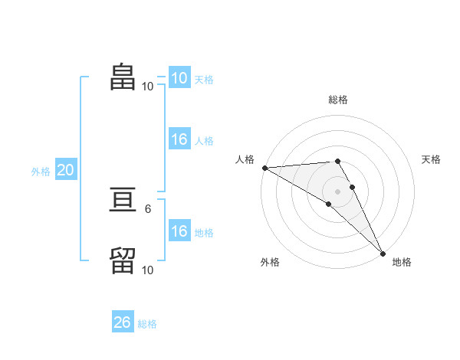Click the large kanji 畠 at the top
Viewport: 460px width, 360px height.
coord(123,77)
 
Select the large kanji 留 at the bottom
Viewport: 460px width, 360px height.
coord(123,260)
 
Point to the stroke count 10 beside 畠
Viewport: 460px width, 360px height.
coord(147,86)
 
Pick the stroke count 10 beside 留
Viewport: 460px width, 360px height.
coord(147,270)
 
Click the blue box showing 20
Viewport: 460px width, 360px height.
coord(65,171)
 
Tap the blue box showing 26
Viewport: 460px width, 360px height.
coord(122,322)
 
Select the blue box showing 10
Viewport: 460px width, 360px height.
coord(179,78)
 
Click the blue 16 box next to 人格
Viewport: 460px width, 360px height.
coord(179,140)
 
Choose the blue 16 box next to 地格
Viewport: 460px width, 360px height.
coord(179,232)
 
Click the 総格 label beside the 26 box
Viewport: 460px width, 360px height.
coord(147,324)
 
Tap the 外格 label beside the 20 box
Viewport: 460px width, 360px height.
coord(41,172)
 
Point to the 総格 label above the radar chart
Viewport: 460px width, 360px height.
coord(337,100)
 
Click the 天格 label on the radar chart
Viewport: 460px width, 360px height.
coord(431,159)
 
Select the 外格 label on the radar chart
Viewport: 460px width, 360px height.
coord(270,262)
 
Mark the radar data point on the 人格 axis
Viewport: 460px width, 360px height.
coord(264,168)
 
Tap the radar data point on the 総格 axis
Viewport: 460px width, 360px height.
coord(337,161)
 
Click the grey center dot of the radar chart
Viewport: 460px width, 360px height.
coord(337,191)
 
